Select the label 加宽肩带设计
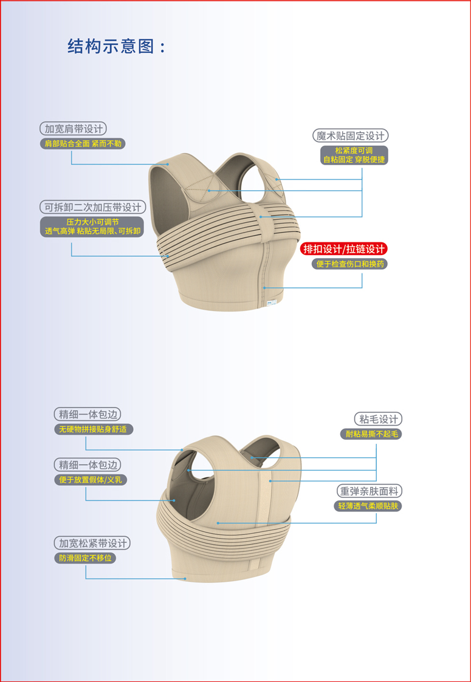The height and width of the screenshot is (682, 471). click(x=74, y=129)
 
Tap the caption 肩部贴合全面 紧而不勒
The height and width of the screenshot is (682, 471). click(x=83, y=143)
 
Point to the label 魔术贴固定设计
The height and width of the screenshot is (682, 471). click(x=351, y=135)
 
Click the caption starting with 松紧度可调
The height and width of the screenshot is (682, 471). click(x=354, y=155)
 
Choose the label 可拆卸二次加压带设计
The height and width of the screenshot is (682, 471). click(x=93, y=206)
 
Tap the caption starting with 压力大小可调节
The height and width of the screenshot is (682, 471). click(x=92, y=227)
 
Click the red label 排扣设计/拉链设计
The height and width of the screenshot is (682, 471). click(x=343, y=249)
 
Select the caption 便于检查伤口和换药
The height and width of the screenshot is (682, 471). click(x=349, y=264)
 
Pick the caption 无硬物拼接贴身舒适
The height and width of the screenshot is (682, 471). click(x=94, y=429)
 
